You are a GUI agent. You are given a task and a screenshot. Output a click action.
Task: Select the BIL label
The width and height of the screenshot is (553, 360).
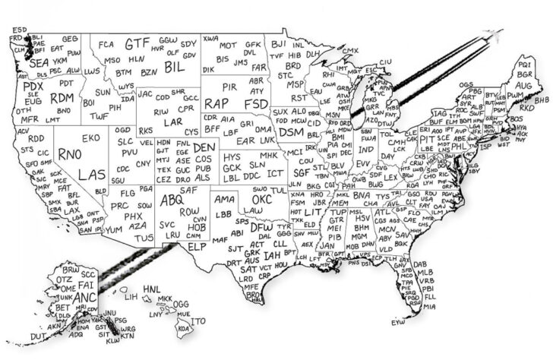click(x=174, y=68)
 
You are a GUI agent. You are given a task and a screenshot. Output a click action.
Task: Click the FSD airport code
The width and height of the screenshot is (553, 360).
click(x=256, y=101)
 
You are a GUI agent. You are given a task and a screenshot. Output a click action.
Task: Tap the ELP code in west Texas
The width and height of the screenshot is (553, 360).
click(x=197, y=247)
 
